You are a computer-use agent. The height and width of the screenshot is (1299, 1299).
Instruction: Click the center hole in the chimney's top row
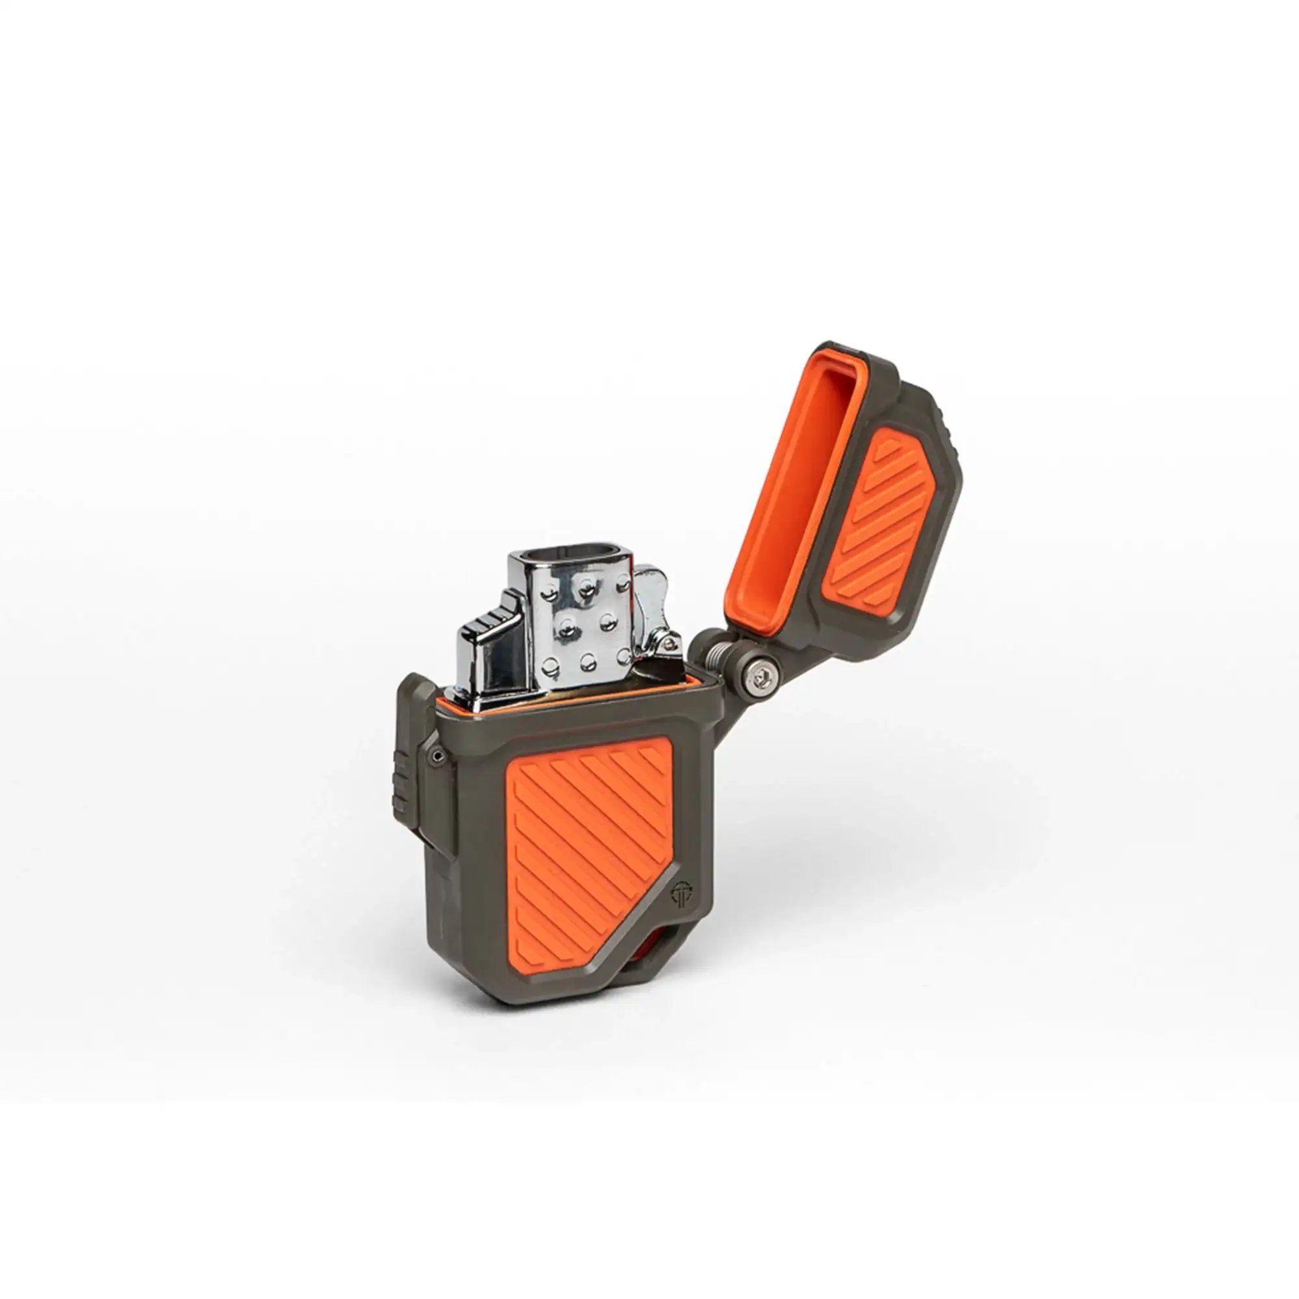(x=587, y=590)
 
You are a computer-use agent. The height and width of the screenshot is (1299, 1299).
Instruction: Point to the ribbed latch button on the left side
(x=401, y=783)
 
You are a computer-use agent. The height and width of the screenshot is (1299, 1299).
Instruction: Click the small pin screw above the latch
(x=439, y=757)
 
